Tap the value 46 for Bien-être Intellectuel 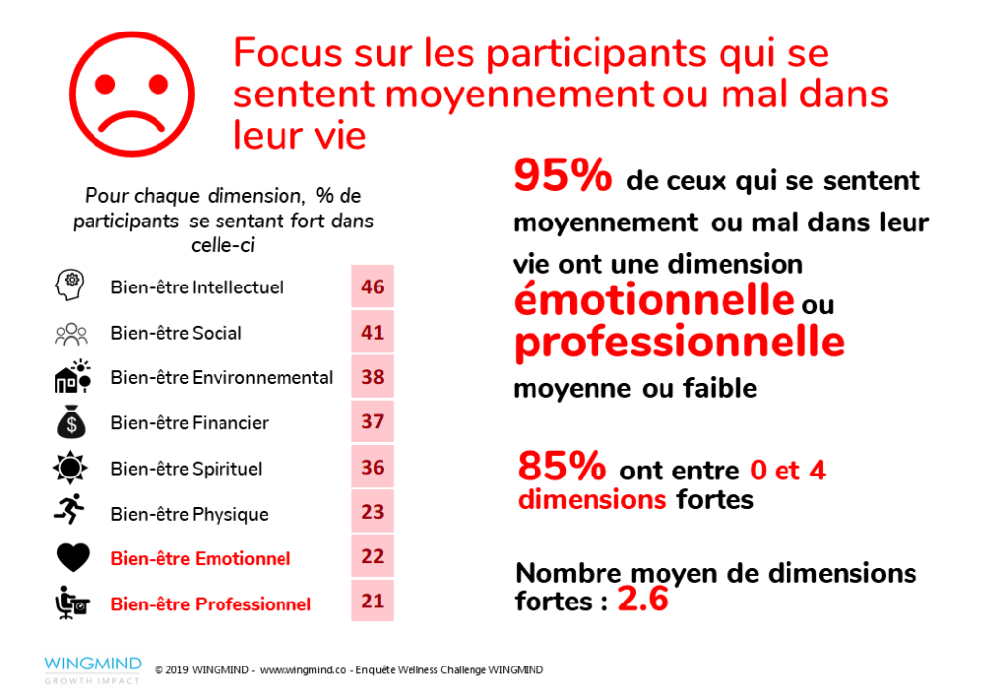click(x=372, y=287)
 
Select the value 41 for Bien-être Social click(x=372, y=333)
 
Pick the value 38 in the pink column click(x=372, y=377)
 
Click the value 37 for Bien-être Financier click(x=372, y=422)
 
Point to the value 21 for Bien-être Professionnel click(x=372, y=602)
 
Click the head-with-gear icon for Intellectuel click(x=71, y=286)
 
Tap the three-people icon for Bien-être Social click(x=71, y=333)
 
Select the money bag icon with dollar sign click(x=71, y=422)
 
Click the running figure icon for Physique click(x=71, y=512)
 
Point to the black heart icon click(x=71, y=558)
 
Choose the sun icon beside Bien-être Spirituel click(x=71, y=468)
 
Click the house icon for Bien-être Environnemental click(x=71, y=377)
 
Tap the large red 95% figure click(x=562, y=178)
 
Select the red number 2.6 click(x=643, y=599)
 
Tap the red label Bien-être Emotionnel click(x=201, y=559)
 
